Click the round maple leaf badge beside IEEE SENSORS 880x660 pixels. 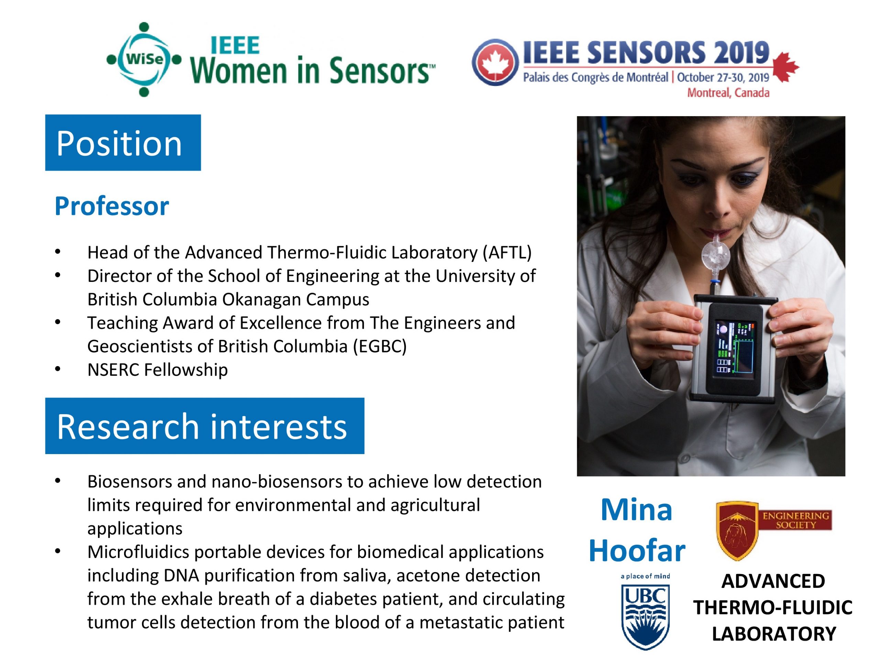(495, 63)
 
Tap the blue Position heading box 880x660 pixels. (123, 143)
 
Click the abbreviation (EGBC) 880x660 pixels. (379, 346)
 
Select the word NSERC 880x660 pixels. (113, 370)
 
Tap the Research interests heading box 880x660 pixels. (205, 426)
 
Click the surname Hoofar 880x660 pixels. (637, 551)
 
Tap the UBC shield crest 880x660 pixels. (645, 616)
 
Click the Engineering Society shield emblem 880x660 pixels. (737, 530)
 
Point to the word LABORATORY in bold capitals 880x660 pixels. (774, 634)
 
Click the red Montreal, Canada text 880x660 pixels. (728, 93)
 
